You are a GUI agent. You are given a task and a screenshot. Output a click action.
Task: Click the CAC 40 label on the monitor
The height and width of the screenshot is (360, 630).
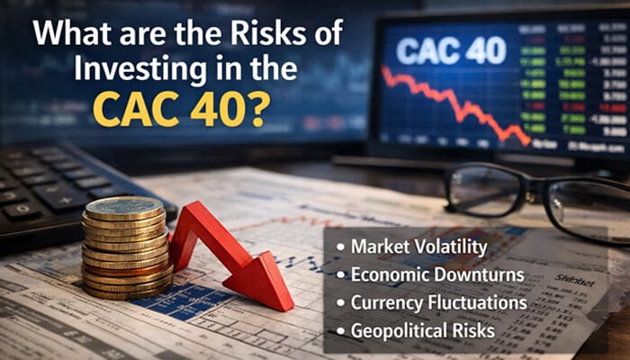pyautogui.click(x=451, y=50)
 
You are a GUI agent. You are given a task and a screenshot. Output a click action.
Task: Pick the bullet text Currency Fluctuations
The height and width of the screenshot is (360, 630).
pyautogui.click(x=432, y=302)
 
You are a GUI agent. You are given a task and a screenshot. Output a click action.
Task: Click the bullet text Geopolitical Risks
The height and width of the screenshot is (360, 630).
pyautogui.click(x=418, y=330)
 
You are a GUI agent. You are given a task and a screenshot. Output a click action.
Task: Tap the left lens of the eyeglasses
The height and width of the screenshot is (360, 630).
pyautogui.click(x=486, y=190)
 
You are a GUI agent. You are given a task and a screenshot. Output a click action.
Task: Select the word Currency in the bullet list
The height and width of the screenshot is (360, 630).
pyautogui.click(x=387, y=302)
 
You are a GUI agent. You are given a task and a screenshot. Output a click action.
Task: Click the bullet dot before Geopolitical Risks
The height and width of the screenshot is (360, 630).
pyautogui.click(x=340, y=331)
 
